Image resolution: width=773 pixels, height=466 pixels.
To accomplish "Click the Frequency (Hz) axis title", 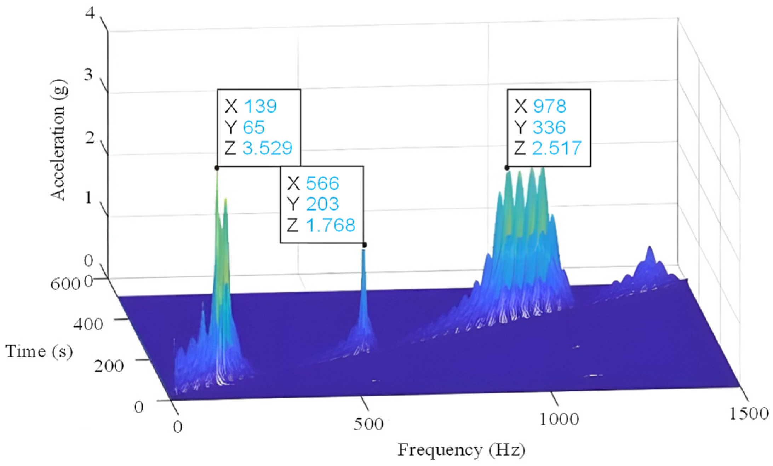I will pos(461,450).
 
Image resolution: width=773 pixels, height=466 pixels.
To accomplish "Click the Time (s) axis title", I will pos(39,351).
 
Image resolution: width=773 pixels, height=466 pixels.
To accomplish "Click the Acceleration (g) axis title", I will pos(58,140).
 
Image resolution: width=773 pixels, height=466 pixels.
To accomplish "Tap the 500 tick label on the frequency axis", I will pos(368,424).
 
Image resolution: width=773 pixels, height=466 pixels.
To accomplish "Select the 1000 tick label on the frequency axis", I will pos(559,419).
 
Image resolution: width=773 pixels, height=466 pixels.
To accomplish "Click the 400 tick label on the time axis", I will pos(88,324).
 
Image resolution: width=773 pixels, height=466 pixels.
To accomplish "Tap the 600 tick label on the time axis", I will pos(65,284).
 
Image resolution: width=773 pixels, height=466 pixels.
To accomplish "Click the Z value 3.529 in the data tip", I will pos(267,148).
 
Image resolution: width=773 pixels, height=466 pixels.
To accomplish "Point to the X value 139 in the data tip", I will pos(260,106).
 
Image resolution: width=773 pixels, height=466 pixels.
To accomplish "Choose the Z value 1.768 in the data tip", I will pos(330,225).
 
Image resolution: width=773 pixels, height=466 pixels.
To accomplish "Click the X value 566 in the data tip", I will pos(322,183).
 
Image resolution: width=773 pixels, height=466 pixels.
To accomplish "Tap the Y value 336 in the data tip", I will pos(549,127).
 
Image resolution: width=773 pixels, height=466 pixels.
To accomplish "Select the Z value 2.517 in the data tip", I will pos(557,148).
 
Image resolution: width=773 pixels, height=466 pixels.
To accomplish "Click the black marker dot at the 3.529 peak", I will pos(217,168).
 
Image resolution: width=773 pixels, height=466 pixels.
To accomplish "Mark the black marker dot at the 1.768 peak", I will pos(365,245).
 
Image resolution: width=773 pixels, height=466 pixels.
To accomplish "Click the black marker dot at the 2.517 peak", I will pos(507,168).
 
